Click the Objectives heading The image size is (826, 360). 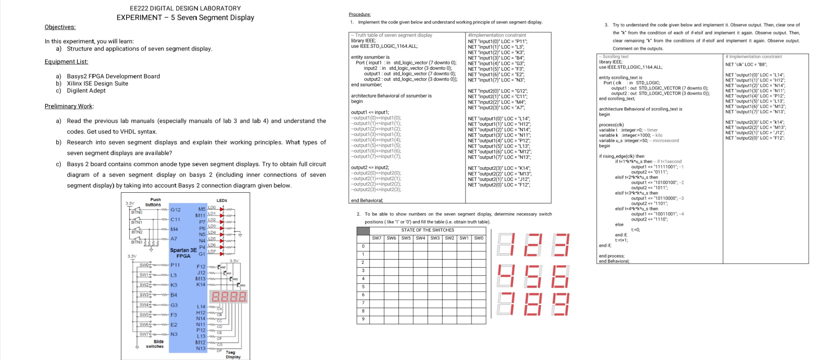(x=60, y=27)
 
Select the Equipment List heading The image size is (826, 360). (x=66, y=62)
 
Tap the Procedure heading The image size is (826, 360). (x=360, y=14)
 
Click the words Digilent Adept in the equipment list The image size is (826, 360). (x=86, y=91)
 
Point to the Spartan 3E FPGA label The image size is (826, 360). (x=183, y=253)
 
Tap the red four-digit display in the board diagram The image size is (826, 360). (x=229, y=297)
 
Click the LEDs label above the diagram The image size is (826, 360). (x=222, y=201)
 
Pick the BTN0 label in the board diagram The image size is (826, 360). (x=137, y=212)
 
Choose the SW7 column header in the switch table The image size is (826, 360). (x=377, y=238)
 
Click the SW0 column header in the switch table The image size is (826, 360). (x=479, y=238)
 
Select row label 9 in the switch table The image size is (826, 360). (x=363, y=319)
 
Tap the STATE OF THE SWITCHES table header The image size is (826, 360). (x=428, y=230)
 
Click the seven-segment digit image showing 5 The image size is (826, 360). (x=533, y=276)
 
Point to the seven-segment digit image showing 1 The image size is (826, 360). (x=506, y=245)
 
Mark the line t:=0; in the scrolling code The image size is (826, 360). (x=636, y=230)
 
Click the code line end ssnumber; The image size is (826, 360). (x=366, y=85)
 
